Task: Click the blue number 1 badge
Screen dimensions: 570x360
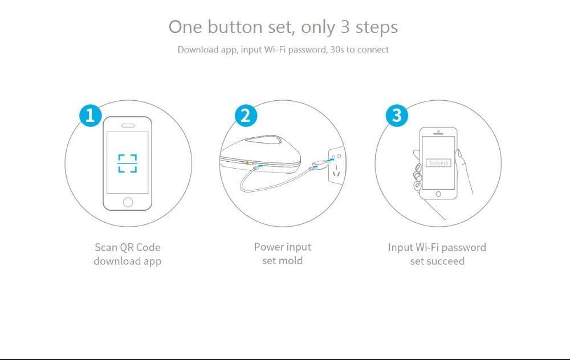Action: (x=91, y=116)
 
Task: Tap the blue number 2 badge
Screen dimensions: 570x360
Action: (x=246, y=116)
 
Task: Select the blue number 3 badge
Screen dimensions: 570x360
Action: (x=397, y=116)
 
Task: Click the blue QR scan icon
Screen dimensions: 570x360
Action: (x=128, y=163)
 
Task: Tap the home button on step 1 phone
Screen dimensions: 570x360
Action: (x=128, y=202)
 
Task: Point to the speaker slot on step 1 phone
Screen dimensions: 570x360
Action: (x=128, y=125)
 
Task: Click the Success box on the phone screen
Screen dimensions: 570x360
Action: (x=438, y=163)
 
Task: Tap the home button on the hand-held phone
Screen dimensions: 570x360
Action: (x=438, y=194)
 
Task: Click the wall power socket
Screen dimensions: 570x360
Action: (x=336, y=165)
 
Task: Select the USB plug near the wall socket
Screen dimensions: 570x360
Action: (x=320, y=166)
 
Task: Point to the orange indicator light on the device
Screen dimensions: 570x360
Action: (x=247, y=163)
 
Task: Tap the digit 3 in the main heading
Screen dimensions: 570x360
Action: (x=345, y=27)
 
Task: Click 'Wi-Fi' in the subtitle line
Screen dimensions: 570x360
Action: (x=275, y=50)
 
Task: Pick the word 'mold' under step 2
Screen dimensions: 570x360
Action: (x=292, y=261)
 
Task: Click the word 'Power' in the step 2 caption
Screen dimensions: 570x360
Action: (x=265, y=247)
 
